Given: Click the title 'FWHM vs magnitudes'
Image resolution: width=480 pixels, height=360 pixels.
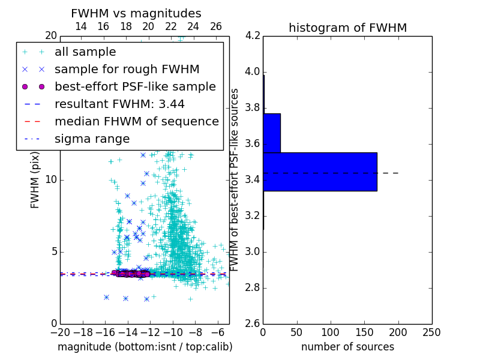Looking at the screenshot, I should [x=136, y=13].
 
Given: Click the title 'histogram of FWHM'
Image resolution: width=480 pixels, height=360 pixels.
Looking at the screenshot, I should [x=347, y=28].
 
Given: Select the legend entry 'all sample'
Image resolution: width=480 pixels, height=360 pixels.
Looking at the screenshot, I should [x=85, y=52].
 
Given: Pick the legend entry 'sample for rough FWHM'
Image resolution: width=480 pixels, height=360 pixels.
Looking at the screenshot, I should [x=127, y=70].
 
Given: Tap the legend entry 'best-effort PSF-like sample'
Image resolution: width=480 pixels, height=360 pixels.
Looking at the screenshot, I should [x=135, y=87].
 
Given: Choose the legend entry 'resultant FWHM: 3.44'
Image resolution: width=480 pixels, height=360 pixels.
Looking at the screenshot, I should [x=119, y=104].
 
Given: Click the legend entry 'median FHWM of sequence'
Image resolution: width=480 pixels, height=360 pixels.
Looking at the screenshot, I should [x=137, y=122].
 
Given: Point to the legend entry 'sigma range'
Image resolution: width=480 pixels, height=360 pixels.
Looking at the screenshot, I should [x=92, y=139].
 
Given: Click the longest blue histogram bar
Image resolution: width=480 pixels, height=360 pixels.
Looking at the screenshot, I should [x=320, y=172].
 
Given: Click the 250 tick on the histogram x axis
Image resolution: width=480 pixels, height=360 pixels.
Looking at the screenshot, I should [x=431, y=332].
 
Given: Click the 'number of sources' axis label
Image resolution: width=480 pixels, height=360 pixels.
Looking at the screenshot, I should [x=347, y=347].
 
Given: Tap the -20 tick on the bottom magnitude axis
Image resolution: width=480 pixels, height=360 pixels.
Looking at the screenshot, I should [x=60, y=332].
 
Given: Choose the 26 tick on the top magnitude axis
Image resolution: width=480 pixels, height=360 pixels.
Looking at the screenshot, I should [x=216, y=26].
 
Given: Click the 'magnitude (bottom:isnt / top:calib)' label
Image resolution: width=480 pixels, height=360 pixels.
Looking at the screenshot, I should [x=145, y=347].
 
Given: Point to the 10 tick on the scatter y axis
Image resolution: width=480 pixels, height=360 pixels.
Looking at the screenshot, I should [x=52, y=180].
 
